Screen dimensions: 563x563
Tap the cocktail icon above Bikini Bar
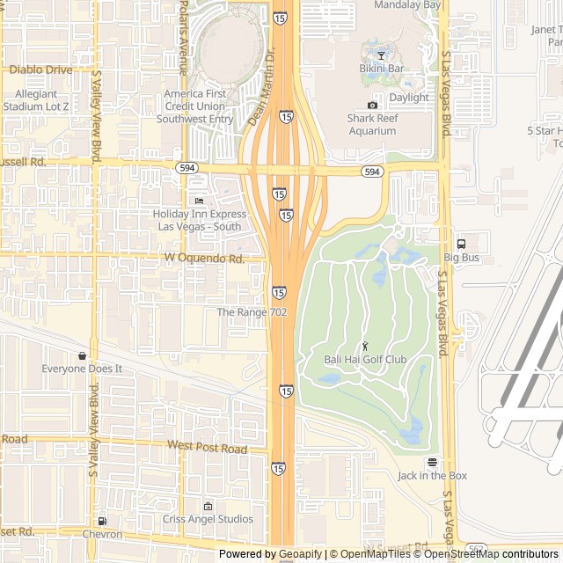pyautogui.click(x=381, y=55)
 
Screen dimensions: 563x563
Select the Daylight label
pyautogui.click(x=409, y=98)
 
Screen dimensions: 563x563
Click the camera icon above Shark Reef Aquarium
pyautogui.click(x=372, y=106)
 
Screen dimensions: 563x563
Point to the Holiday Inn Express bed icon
pyautogui.click(x=199, y=201)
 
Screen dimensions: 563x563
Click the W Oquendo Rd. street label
pyautogui.click(x=204, y=259)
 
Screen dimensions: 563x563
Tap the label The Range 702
pyautogui.click(x=252, y=312)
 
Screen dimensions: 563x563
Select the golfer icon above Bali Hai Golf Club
pyautogui.click(x=365, y=346)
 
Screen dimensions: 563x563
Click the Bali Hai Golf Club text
pyautogui.click(x=365, y=360)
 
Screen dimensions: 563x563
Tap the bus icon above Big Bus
pyautogui.click(x=461, y=244)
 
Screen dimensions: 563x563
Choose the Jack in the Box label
pyautogui.click(x=432, y=476)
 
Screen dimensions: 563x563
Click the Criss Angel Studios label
pyautogui.click(x=208, y=519)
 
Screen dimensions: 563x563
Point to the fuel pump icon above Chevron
pyautogui.click(x=103, y=521)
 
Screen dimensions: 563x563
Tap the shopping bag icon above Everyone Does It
pyautogui.click(x=82, y=355)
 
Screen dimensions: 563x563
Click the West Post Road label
pyautogui.click(x=208, y=447)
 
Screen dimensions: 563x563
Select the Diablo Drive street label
pyautogui.click(x=40, y=69)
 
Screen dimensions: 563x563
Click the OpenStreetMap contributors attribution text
pyautogui.click(x=490, y=554)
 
